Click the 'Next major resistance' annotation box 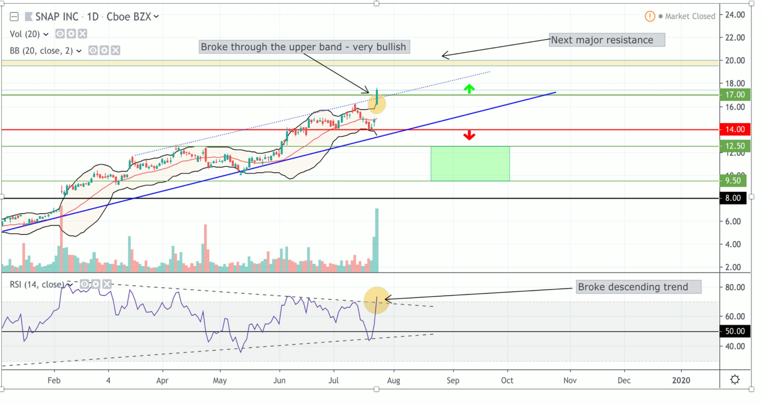pyautogui.click(x=607, y=40)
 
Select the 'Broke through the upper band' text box pyautogui.click(x=304, y=47)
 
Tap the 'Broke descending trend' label pyautogui.click(x=638, y=287)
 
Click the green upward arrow pyautogui.click(x=469, y=89)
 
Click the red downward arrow pyautogui.click(x=469, y=135)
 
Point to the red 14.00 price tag pyautogui.click(x=735, y=129)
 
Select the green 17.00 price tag pyautogui.click(x=735, y=94)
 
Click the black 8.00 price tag pyautogui.click(x=733, y=198)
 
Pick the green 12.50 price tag pyautogui.click(x=735, y=146)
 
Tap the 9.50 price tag pyautogui.click(x=733, y=181)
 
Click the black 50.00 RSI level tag pyautogui.click(x=735, y=331)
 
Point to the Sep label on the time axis pyautogui.click(x=453, y=380)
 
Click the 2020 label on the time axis pyautogui.click(x=681, y=380)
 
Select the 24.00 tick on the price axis pyautogui.click(x=735, y=15)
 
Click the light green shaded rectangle pyautogui.click(x=470, y=164)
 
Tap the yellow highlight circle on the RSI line pyautogui.click(x=377, y=300)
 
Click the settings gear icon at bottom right pyautogui.click(x=735, y=380)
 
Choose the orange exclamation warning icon pyautogui.click(x=650, y=16)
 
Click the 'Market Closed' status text pyautogui.click(x=690, y=16)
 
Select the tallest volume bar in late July pyautogui.click(x=377, y=240)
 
